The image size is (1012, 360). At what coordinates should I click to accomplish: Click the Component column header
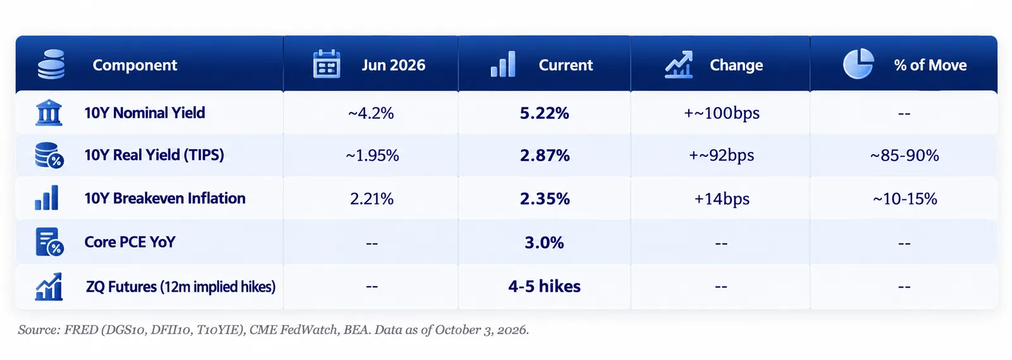(x=135, y=65)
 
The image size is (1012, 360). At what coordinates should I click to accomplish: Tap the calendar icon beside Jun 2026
(x=326, y=64)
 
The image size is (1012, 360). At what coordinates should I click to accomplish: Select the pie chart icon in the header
(x=858, y=64)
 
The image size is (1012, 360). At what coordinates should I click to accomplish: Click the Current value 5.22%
(x=544, y=113)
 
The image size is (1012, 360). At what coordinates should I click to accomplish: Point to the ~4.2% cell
(x=371, y=113)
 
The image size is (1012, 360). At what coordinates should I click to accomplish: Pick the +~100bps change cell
(x=722, y=113)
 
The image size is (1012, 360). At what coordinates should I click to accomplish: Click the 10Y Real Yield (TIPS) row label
(x=154, y=155)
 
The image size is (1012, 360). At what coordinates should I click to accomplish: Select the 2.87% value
(x=545, y=156)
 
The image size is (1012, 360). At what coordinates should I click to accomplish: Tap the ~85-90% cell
(x=904, y=156)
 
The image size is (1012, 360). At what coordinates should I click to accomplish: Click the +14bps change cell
(x=722, y=199)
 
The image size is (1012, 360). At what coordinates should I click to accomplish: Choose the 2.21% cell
(x=371, y=199)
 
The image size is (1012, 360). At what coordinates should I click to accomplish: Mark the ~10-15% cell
(x=904, y=199)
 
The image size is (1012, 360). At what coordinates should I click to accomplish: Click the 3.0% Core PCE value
(x=544, y=242)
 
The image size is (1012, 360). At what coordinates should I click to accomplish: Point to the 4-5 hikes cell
(x=544, y=287)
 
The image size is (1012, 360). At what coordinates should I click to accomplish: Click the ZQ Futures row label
(x=181, y=287)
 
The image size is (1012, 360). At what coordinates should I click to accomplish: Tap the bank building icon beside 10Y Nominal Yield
(x=48, y=113)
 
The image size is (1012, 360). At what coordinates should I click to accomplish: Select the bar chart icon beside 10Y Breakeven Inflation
(x=47, y=198)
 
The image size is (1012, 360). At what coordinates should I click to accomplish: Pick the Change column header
(x=736, y=65)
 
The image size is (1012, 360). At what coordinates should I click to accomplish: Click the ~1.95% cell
(x=373, y=156)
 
